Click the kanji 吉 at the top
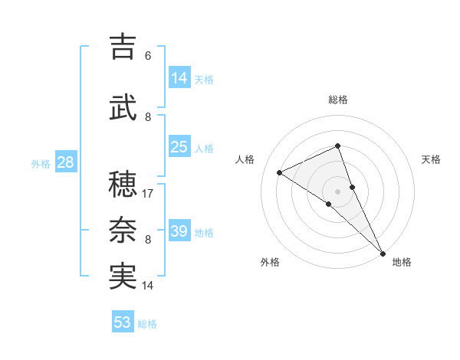tap(123, 47)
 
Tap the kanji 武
tap(123, 108)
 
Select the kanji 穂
tap(123, 185)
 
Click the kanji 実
tap(123, 277)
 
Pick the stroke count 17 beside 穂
tap(148, 194)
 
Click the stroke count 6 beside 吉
tap(148, 56)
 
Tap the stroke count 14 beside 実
tap(148, 286)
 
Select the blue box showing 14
tap(179, 78)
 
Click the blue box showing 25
tap(179, 147)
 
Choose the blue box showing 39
tap(179, 231)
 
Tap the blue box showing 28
tap(65, 162)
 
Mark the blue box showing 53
tap(123, 322)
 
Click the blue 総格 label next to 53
tap(147, 324)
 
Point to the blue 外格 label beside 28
tap(41, 164)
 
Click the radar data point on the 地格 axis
tap(383, 253)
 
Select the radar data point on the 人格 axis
tap(280, 172)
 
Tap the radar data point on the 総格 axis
tap(337, 146)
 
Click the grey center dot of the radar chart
tap(337, 191)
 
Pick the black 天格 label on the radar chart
tap(431, 159)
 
